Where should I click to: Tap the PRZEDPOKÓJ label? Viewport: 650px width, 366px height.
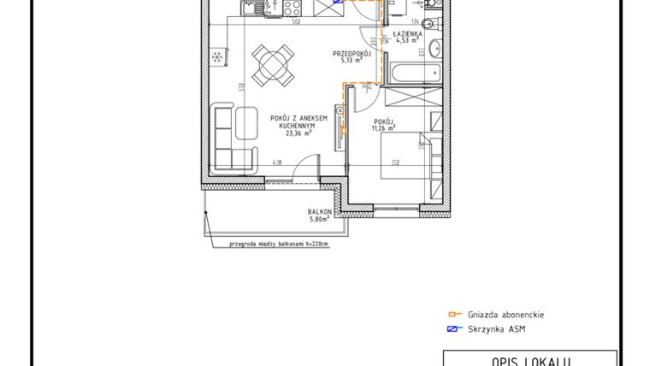(x=352, y=53)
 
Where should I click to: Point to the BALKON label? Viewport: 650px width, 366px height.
(x=320, y=211)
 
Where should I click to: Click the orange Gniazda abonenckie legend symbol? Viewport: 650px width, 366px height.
(x=455, y=315)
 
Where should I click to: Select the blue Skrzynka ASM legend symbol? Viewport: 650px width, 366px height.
(x=455, y=329)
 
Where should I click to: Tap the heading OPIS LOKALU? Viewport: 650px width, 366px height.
(x=530, y=360)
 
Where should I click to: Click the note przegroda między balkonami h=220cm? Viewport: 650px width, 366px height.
(x=278, y=244)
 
